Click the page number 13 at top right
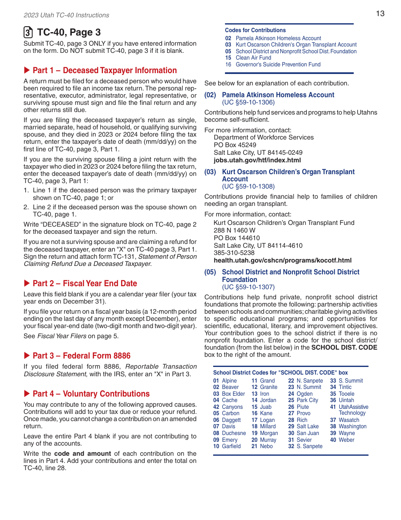[x=380, y=14]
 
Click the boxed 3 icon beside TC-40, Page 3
[x=28, y=33]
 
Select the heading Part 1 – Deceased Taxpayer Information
[x=104, y=71]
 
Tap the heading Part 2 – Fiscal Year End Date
[x=84, y=284]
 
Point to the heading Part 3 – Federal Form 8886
[x=81, y=356]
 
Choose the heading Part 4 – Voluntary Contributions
[x=91, y=394]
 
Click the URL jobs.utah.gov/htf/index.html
[x=257, y=160]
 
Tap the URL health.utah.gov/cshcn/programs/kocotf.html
[x=282, y=260]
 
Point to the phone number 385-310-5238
[x=234, y=253]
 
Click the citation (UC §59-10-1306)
[x=248, y=102]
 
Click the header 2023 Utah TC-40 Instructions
[x=66, y=15]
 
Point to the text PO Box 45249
[x=235, y=145]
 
